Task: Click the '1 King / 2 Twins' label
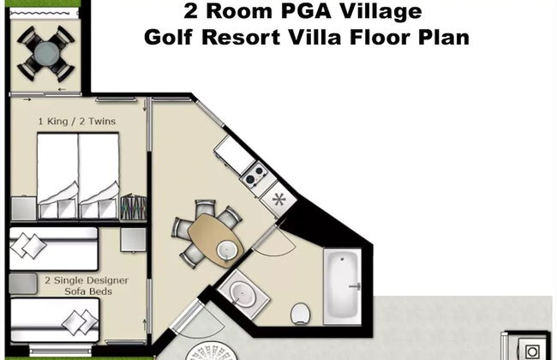click(77, 122)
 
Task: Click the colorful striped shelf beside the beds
click(133, 207)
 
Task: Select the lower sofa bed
click(53, 319)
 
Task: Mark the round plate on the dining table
click(225, 249)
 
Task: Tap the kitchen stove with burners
click(254, 177)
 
